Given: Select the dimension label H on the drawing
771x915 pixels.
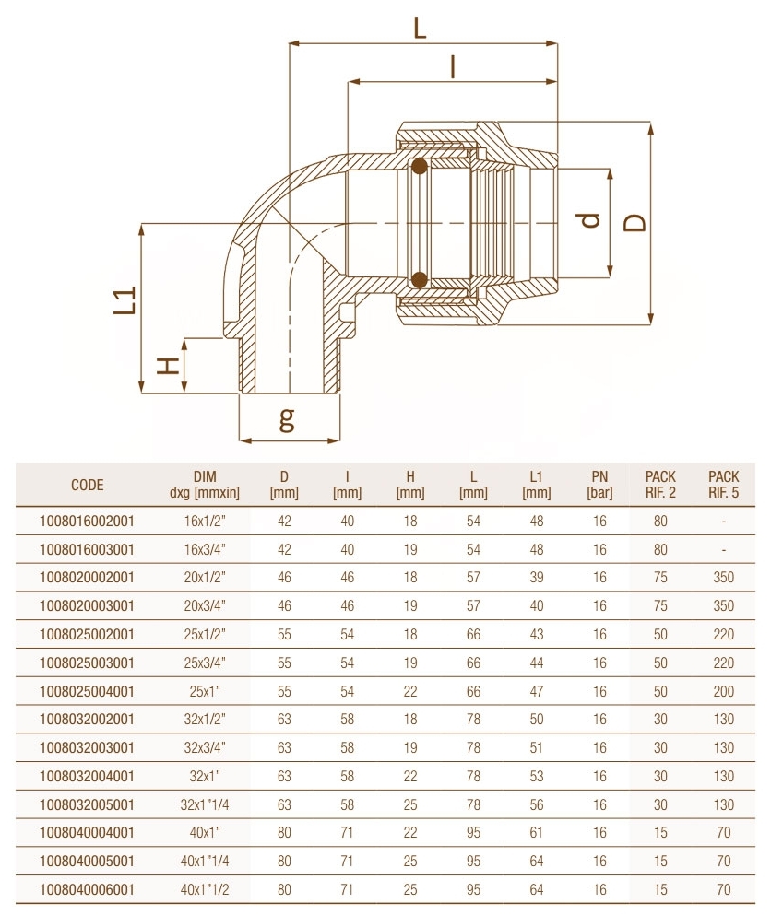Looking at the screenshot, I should coord(167,366).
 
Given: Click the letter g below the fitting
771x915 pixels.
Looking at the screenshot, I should coord(288,419).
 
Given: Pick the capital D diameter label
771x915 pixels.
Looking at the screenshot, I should coord(635,222).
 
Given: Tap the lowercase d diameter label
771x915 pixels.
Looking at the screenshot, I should coord(591,220).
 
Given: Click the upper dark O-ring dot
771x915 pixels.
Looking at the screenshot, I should coord(420,167).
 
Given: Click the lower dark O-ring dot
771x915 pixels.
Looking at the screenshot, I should coord(420,278).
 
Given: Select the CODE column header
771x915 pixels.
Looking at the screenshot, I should coord(88,485).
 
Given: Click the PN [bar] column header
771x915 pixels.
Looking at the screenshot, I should coord(599,485).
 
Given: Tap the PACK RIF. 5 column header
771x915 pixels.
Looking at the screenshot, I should coord(724,485).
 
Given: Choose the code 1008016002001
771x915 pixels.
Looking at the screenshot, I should coord(88,521).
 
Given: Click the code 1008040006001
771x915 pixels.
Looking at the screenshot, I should coord(88,889).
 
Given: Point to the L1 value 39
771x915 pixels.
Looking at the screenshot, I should coord(536,578).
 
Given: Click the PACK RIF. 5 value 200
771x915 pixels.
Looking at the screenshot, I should coord(724,691).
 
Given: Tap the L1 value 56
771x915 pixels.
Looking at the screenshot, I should coord(536,804).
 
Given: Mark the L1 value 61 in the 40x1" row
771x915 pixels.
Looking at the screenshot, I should coord(536,833).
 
